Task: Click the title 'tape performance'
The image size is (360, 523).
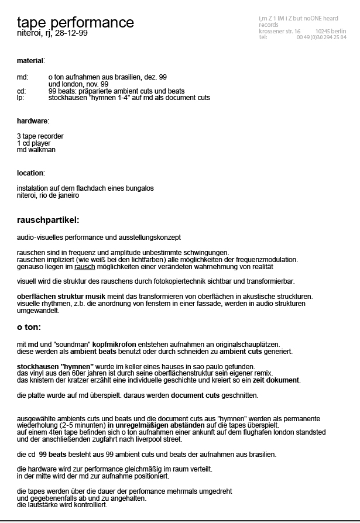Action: click(x=76, y=23)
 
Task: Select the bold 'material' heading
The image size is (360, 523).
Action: click(x=30, y=60)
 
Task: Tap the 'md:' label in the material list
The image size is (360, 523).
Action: click(x=23, y=77)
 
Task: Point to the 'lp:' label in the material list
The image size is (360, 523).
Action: click(x=20, y=98)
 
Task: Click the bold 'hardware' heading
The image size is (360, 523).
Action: click(x=33, y=121)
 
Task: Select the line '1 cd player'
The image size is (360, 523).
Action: click(x=34, y=143)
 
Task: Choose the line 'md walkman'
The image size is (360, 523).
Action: click(x=36, y=150)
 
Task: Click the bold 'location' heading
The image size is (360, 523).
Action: click(x=30, y=173)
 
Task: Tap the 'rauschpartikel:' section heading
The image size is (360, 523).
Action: click(x=48, y=220)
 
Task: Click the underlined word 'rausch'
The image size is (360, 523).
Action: click(x=85, y=266)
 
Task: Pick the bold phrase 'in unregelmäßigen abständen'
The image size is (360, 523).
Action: click(x=156, y=425)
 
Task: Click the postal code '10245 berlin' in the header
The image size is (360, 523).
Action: click(x=330, y=31)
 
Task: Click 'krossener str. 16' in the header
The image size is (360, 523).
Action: click(x=280, y=31)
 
